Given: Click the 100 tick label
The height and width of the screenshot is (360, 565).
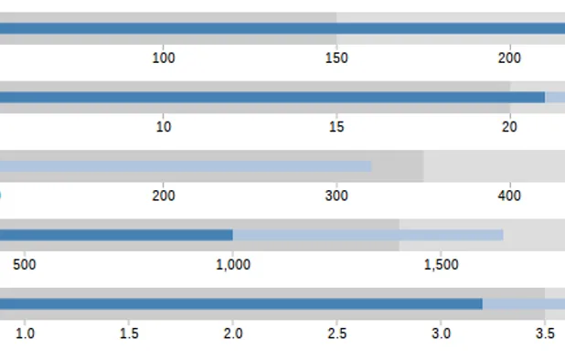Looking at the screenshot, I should [x=163, y=58].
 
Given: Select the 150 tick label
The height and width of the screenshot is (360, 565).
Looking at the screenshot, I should [x=336, y=58].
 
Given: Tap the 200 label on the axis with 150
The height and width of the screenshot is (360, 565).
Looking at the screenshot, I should [x=510, y=58].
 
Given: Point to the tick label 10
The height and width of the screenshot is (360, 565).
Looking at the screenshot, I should [x=163, y=127].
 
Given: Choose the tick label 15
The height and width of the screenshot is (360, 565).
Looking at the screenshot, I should [x=336, y=127].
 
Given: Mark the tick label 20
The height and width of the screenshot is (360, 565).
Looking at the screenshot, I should [x=510, y=127].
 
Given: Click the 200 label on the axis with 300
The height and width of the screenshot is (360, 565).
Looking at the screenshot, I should [x=163, y=196].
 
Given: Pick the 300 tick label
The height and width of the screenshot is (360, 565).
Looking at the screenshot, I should [x=336, y=196].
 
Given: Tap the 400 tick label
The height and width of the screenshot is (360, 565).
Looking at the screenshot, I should [x=510, y=196].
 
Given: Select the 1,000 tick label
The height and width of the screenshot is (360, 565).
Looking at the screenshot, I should [x=232, y=265].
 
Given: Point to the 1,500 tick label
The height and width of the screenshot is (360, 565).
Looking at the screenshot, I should [x=441, y=265].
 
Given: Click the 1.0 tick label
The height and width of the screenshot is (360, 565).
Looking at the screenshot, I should [x=25, y=334].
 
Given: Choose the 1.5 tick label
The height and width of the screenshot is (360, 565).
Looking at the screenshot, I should [x=129, y=334].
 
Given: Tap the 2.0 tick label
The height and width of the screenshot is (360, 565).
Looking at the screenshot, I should [x=232, y=334].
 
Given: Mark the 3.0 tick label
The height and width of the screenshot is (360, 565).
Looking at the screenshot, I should [x=441, y=334].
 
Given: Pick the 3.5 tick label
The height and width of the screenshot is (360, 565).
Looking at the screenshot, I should [x=545, y=334].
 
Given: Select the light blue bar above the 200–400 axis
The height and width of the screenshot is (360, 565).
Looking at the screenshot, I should [x=183, y=166].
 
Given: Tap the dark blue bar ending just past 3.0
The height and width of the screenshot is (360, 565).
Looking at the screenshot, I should [x=238, y=303].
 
